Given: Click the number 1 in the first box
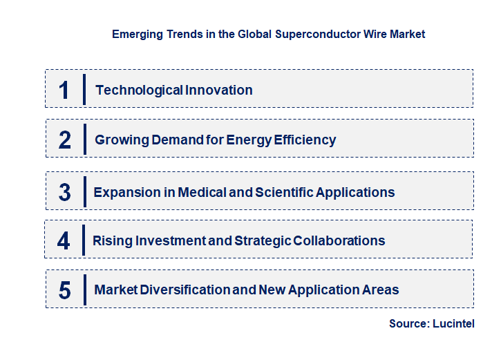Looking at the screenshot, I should click(x=64, y=90).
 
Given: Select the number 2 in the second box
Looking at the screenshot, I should click(x=64, y=140).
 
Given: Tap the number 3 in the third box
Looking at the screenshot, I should click(x=64, y=192).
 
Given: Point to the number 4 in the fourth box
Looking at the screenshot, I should click(x=64, y=240).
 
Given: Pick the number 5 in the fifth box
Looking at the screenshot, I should click(x=64, y=290).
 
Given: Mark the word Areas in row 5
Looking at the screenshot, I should click(x=380, y=290).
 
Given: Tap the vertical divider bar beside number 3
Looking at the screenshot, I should click(x=84, y=191).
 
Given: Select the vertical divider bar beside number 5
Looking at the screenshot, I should click(x=84, y=289).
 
